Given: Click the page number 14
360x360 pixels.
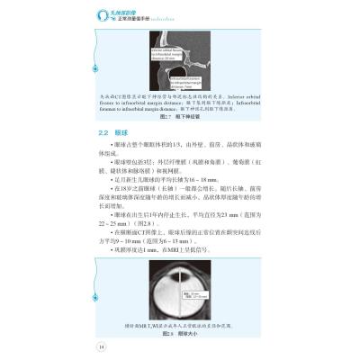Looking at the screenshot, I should [x=102, y=344].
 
